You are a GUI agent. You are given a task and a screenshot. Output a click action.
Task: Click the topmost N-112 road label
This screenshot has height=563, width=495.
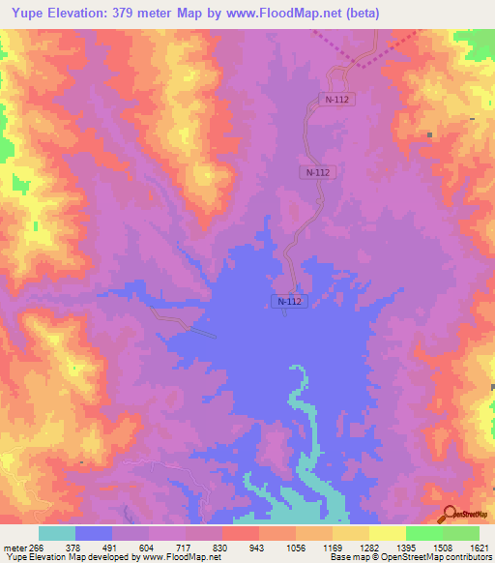tap(333, 99)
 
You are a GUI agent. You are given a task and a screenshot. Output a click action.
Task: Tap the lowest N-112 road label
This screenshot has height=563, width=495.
tap(289, 302)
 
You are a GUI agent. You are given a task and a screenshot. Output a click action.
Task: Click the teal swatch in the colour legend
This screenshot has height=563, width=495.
tap(57, 533)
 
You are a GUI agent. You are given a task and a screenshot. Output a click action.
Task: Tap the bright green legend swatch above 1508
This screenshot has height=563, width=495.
tap(424, 533)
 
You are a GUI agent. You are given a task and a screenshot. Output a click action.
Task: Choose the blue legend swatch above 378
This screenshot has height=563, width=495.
tap(94, 533)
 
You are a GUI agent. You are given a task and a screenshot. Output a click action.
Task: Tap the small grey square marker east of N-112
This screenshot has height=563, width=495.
tap(427, 135)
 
